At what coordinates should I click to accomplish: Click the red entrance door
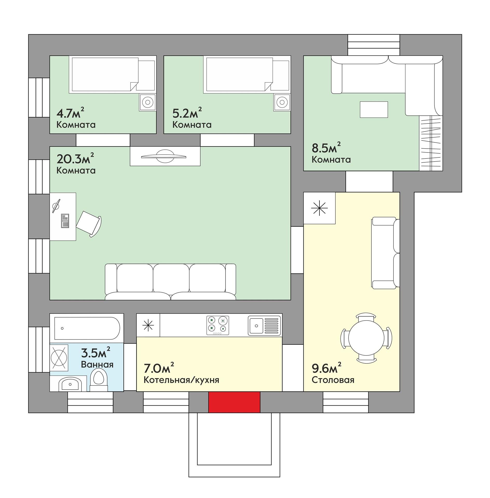click(x=234, y=402)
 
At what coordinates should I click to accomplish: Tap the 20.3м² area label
click(x=75, y=158)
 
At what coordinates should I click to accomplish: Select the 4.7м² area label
click(x=70, y=113)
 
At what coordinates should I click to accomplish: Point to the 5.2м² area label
click(x=187, y=113)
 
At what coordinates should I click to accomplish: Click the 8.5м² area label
click(x=326, y=148)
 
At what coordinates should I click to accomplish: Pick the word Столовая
click(x=333, y=380)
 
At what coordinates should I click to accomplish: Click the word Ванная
click(x=97, y=364)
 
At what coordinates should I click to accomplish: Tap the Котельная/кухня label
click(x=181, y=380)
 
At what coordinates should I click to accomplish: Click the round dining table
click(x=366, y=337)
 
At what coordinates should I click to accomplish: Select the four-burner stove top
click(x=218, y=325)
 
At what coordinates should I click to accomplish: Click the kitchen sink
click(x=264, y=325)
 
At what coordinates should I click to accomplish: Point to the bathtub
click(x=87, y=328)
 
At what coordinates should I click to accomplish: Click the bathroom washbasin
click(x=69, y=384)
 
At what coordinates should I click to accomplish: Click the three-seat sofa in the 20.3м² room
click(x=171, y=282)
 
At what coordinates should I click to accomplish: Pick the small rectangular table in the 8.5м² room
click(x=374, y=109)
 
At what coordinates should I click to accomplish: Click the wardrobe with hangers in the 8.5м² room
click(x=431, y=143)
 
